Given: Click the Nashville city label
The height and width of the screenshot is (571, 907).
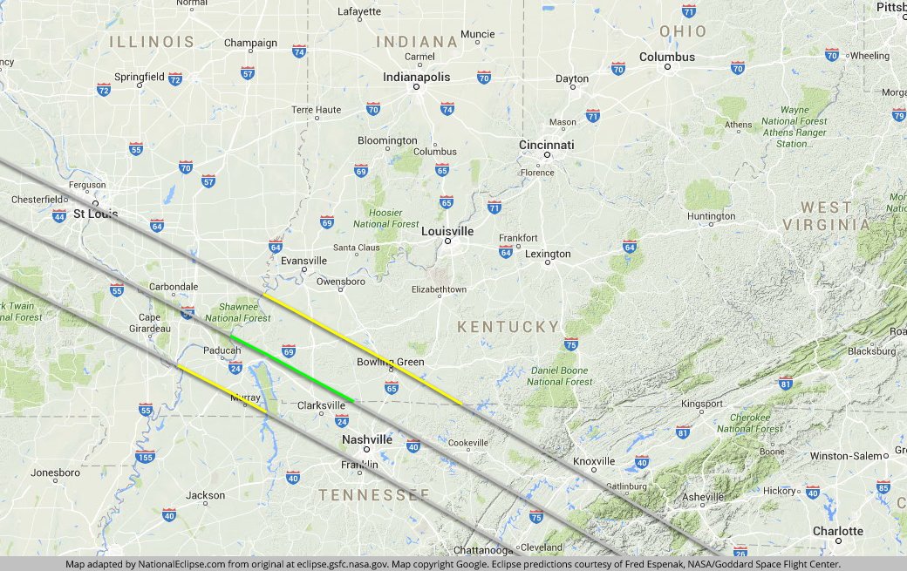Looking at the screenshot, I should pos(367,439).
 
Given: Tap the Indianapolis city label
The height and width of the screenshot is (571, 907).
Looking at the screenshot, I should pos(417,77).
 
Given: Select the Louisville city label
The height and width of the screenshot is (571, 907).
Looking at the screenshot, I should pos(447,231).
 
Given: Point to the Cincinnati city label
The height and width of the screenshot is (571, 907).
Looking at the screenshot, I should pos(547,145).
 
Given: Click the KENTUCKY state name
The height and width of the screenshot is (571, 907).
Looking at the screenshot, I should pos(508,327).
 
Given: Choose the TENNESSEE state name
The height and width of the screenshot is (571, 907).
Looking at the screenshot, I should pos(374,495).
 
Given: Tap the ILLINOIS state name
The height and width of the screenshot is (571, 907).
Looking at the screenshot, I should pos(152,42).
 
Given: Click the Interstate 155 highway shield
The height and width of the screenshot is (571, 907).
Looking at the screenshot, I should pos(146,457).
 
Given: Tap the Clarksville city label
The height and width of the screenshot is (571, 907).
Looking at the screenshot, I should pos(322,405).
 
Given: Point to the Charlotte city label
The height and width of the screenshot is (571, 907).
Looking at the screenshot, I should pos(838,531).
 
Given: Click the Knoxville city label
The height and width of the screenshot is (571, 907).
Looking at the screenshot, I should pos(595,461).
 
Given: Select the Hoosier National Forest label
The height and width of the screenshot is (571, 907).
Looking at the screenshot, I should pos(385,218).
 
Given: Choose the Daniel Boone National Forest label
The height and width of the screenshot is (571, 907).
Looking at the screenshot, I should pos(559,376).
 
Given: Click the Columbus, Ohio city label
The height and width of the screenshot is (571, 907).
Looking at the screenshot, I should pos(667,57).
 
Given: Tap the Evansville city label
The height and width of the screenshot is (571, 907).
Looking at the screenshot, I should pos(304,261).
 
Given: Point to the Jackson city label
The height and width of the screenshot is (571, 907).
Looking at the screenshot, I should pos(206,495).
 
